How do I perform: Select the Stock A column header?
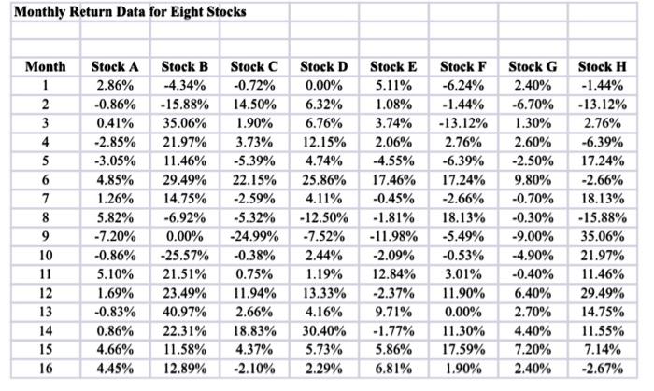coord(115,67)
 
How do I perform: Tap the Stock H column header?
coord(603,67)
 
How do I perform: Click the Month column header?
coord(45,67)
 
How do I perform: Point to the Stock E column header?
coord(393,67)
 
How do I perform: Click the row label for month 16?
coord(45,369)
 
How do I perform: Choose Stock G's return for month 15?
coord(533,350)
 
